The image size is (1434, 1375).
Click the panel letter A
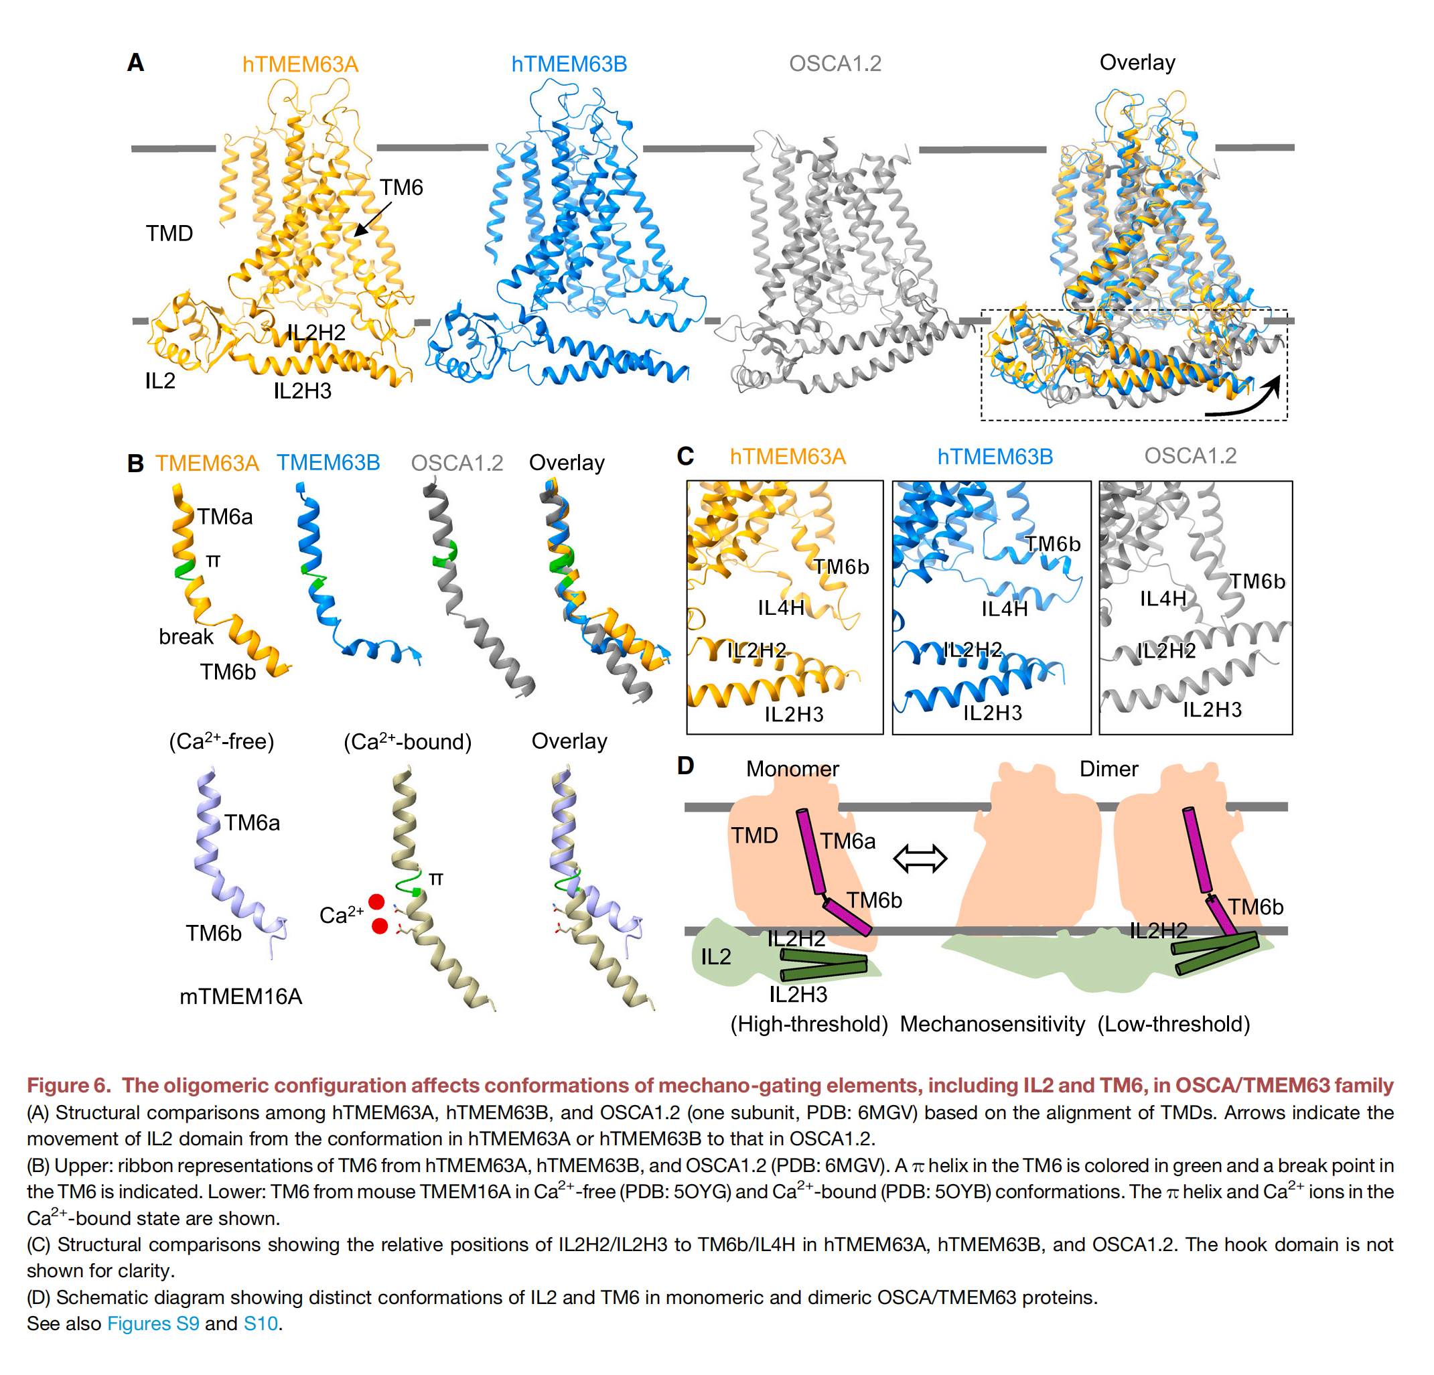pyautogui.click(x=135, y=63)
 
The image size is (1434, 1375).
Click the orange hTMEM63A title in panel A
pyautogui.click(x=300, y=64)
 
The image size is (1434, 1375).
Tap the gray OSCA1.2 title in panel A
pyautogui.click(x=835, y=64)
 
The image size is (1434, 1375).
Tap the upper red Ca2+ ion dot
pyautogui.click(x=376, y=901)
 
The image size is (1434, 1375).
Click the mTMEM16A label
pyautogui.click(x=240, y=996)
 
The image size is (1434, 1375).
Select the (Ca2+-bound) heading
pyautogui.click(x=407, y=741)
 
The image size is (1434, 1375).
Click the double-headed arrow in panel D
pyautogui.click(x=920, y=859)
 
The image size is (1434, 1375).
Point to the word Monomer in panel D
pyautogui.click(x=792, y=769)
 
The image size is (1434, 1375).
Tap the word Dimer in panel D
pyautogui.click(x=1108, y=769)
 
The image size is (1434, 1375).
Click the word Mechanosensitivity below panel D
pyautogui.click(x=992, y=1025)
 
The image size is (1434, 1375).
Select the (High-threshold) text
pyautogui.click(x=809, y=1025)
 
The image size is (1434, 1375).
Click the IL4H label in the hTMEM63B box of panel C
pyautogui.click(x=1005, y=609)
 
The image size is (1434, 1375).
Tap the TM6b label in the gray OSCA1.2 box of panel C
pyautogui.click(x=1257, y=582)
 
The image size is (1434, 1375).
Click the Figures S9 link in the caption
pyautogui.click(x=153, y=1324)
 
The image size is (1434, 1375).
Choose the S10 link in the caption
pyautogui.click(x=261, y=1324)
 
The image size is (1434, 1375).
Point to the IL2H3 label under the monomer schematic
pyautogui.click(x=798, y=995)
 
